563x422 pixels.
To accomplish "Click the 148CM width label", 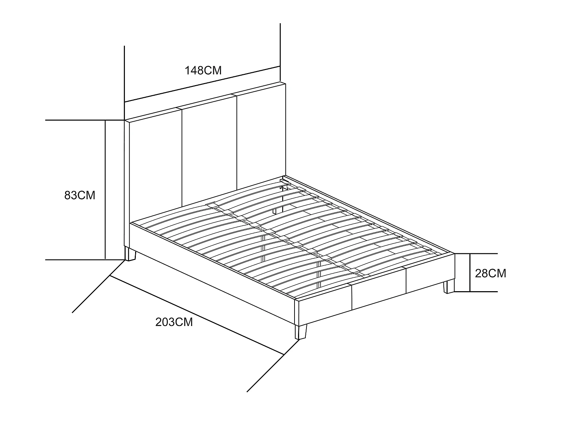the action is coord(203,70).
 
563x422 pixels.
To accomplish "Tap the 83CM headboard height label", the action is coord(80,195).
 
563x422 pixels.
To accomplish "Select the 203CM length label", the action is coord(174,322).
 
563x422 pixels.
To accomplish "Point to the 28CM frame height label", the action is coord(491,273).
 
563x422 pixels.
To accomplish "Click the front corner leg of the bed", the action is coord(301,332).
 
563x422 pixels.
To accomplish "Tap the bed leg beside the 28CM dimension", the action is coord(449,287).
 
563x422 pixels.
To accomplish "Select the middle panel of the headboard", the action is coord(209,154).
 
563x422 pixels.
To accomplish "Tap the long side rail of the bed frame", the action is coord(212,274).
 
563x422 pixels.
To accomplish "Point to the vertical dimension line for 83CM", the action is coord(105,190).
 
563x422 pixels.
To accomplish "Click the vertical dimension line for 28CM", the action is coord(470,273).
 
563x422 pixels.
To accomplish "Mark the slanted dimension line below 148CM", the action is coord(202,84).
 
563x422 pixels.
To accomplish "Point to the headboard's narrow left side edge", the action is coord(127,184).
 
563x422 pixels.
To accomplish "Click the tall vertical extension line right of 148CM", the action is coord(280,52).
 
